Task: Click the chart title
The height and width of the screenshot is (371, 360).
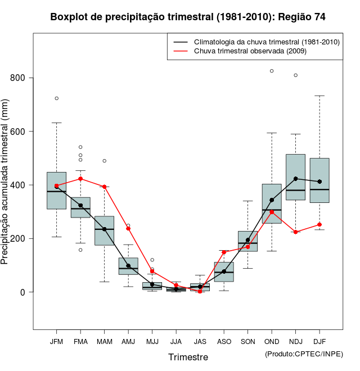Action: point(187,17)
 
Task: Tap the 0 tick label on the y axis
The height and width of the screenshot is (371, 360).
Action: point(22,292)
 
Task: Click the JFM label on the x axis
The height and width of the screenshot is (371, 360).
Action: point(56,342)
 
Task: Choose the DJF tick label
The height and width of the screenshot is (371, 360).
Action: point(319,342)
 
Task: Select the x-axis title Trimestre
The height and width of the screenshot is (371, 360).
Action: point(188,357)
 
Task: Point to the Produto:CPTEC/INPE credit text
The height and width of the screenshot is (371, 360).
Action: point(304,354)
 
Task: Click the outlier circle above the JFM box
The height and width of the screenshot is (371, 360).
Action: point(56,98)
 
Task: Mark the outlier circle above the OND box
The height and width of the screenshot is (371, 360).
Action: point(272,71)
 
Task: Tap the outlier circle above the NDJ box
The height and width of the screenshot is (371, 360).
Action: point(295,75)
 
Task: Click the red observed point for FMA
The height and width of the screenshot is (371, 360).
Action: point(80,179)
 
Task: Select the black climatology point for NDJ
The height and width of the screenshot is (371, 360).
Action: point(295,179)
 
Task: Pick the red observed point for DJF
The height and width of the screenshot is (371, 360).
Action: point(319,224)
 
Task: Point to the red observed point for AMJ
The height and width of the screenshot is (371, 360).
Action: point(128,228)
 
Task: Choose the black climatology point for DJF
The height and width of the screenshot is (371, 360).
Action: point(319,182)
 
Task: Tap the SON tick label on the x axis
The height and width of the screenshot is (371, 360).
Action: point(247,342)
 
